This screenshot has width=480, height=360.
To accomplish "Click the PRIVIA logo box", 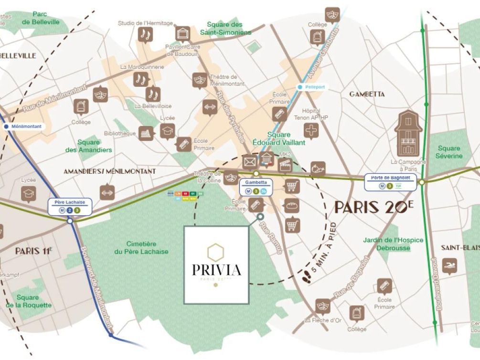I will click(216, 265).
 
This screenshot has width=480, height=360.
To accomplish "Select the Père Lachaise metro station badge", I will click(70, 206).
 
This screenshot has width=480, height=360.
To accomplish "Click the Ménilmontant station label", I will click(23, 127).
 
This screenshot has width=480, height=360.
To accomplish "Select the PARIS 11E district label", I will click(33, 251).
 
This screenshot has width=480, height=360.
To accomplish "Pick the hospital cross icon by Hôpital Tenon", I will click(311, 130).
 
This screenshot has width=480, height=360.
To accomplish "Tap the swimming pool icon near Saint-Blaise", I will click(449, 266).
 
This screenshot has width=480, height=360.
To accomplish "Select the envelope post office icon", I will click(249, 162).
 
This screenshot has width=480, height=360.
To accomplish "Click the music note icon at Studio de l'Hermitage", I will click(145, 34).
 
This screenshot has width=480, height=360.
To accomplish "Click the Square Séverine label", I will click(449, 152).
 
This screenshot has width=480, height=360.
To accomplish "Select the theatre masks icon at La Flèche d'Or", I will click(323, 305).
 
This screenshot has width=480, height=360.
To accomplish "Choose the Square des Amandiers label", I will click(89, 146).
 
